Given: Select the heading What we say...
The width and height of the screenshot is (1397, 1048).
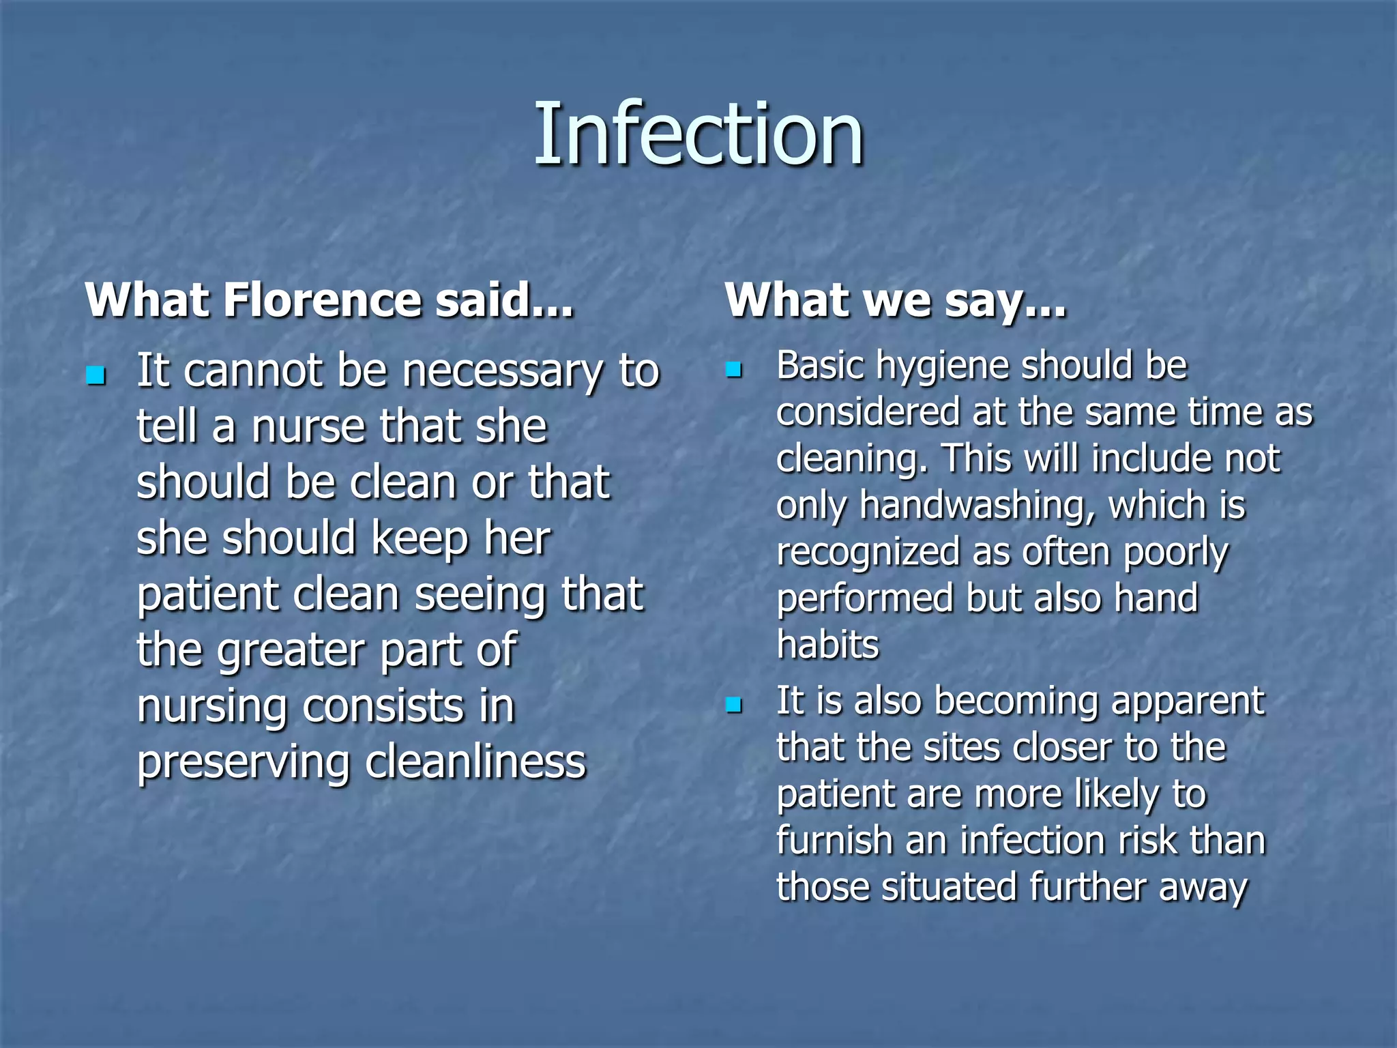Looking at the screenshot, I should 895,301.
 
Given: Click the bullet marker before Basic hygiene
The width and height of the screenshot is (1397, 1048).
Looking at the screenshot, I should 734,370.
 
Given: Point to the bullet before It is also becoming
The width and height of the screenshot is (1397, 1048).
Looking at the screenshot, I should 734,705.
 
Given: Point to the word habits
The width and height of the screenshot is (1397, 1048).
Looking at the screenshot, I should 827,645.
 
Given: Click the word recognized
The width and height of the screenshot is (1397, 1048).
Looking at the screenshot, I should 868,552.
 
